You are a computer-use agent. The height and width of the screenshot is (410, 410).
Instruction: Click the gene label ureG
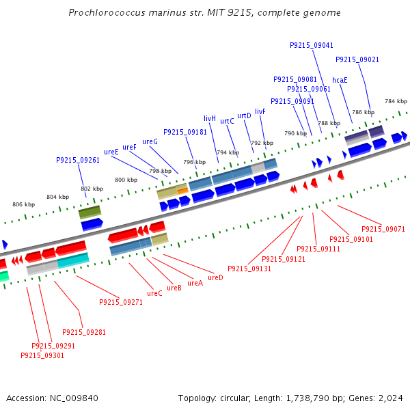coord(150,141)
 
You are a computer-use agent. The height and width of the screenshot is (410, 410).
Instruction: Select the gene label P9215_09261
coord(78,160)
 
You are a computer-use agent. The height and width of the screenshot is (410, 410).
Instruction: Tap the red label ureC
coord(154,293)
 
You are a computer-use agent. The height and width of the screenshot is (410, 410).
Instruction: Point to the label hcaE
coord(340,80)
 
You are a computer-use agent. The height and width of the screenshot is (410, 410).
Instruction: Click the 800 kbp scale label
coord(126,180)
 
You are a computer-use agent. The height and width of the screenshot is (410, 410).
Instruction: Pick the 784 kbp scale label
coord(396,101)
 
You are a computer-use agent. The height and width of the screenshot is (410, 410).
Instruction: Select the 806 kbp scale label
coord(23,204)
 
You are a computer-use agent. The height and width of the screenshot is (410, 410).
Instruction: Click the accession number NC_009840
coord(74,398)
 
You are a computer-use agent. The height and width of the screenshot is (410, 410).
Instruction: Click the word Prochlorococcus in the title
coord(107,12)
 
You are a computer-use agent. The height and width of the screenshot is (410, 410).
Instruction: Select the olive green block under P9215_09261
coord(90,212)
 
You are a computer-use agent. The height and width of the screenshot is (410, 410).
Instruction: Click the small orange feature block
coord(182,191)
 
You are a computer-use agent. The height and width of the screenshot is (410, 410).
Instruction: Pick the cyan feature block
coord(73,260)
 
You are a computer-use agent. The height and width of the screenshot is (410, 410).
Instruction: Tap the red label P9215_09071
coord(383,230)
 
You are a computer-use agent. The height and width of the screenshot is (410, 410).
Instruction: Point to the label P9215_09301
coord(42,355)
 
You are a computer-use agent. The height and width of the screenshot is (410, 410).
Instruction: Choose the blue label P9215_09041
coord(312,46)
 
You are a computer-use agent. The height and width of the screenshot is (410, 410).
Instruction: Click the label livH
coord(210,118)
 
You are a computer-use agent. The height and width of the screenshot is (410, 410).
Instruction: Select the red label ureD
coord(215,277)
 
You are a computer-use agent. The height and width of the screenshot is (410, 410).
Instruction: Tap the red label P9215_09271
coord(121,302)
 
